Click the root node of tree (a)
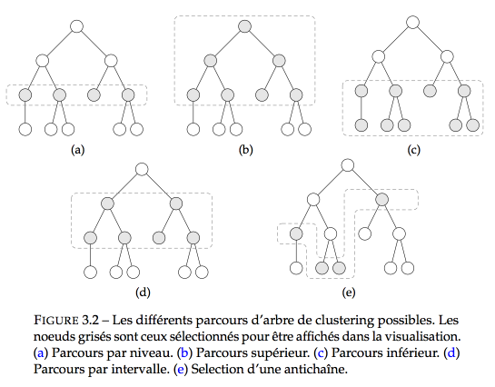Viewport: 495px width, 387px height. pyautogui.click(x=76, y=26)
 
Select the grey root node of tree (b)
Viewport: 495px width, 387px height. pyautogui.click(x=245, y=26)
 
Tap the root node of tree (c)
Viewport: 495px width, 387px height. pyautogui.click(x=413, y=23)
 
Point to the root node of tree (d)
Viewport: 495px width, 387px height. pyautogui.click(x=142, y=170)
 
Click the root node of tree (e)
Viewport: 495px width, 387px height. pyautogui.click(x=348, y=165)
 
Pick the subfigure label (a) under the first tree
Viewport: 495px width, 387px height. pyautogui.click(x=78, y=150)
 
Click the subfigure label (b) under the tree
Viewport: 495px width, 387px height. pyautogui.click(x=245, y=150)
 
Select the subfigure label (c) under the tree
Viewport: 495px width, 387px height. pyautogui.click(x=413, y=150)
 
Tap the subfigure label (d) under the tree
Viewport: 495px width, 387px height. pyautogui.click(x=143, y=293)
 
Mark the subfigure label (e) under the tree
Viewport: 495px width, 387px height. pyautogui.click(x=349, y=293)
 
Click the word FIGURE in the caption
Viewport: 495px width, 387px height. pyautogui.click(x=56, y=321)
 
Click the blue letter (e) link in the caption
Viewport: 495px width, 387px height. pyautogui.click(x=180, y=370)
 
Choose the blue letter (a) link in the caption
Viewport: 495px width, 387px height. pyautogui.click(x=41, y=352)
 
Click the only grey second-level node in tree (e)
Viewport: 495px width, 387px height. pyautogui.click(x=382, y=200)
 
